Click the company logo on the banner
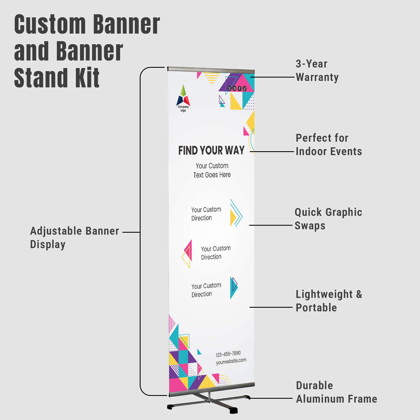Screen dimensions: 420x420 (183, 98)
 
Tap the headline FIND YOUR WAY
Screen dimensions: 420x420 (211, 150)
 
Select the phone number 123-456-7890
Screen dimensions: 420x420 (228, 354)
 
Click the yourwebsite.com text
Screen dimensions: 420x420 (231, 361)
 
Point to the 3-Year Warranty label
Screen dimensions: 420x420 (317, 71)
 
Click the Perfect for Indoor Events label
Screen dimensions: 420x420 (329, 145)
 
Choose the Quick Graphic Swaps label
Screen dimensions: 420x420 (328, 219)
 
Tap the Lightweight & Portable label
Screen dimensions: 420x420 (329, 301)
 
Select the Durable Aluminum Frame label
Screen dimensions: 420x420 (337, 392)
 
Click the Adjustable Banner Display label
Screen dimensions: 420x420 (74, 238)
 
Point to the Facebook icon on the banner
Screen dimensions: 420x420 (239, 88)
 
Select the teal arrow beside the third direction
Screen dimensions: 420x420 (234, 288)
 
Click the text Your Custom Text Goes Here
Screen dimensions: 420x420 (212, 170)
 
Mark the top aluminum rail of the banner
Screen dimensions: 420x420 (211, 69)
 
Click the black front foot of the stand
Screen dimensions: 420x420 (234, 410)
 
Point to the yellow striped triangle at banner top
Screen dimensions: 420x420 (212, 78)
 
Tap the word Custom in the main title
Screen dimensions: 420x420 (50, 24)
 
